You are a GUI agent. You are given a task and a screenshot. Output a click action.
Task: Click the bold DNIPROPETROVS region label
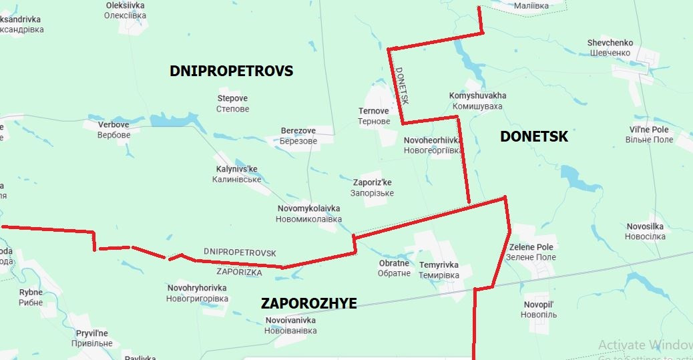coord(231,71)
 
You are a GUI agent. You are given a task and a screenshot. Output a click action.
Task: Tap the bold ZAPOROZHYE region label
coord(308,304)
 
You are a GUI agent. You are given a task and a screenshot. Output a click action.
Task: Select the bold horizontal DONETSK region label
coord(533,137)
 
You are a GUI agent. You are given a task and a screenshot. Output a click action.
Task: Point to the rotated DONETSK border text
coord(401,85)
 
